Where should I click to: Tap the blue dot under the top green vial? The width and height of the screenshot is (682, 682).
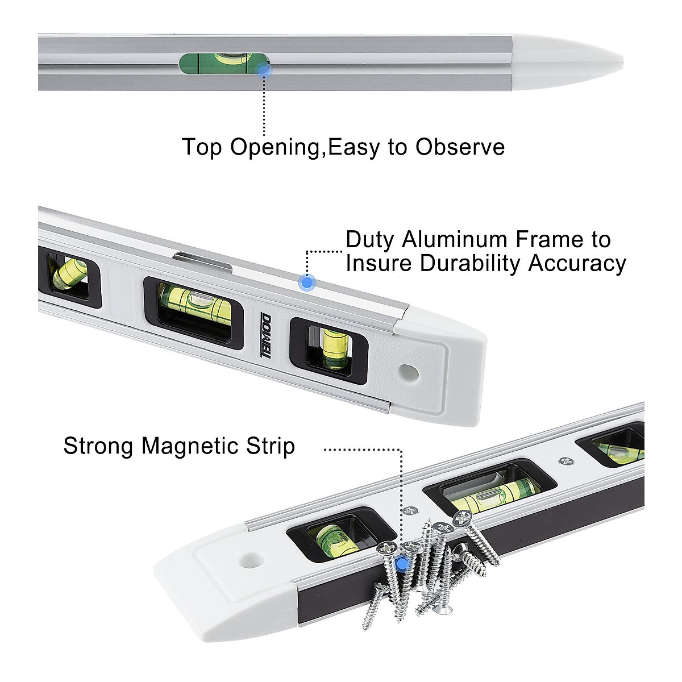pos(263,69)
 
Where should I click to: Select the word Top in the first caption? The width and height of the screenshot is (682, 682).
pos(203,147)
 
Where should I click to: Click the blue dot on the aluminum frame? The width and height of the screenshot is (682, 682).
pos(307,282)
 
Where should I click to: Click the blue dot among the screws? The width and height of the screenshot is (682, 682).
pos(403,563)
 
